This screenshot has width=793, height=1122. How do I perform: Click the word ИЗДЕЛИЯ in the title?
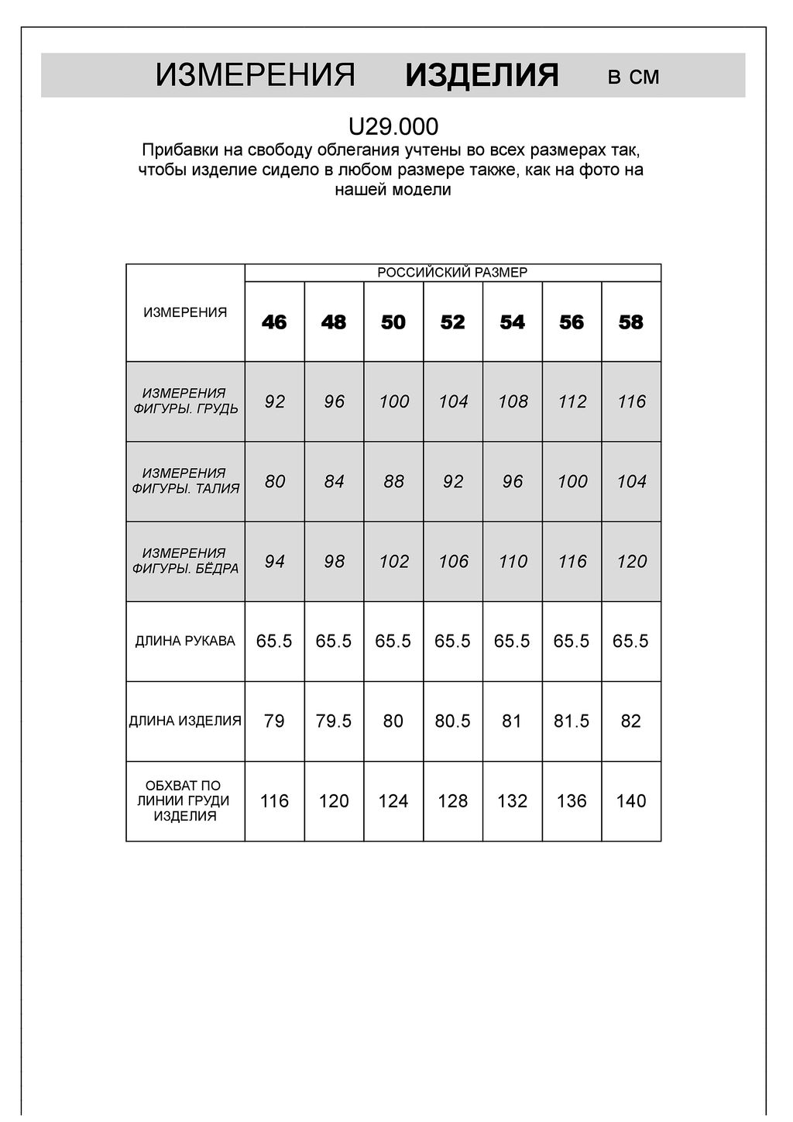(482, 76)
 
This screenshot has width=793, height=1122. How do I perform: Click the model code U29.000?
(393, 126)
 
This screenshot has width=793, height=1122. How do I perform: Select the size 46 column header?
(274, 322)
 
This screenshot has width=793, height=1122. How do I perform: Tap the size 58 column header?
(631, 322)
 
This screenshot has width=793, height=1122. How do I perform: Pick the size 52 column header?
(453, 322)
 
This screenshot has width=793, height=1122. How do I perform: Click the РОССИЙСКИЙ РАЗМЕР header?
(452, 272)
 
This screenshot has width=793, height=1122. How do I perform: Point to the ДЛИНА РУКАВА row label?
(185, 642)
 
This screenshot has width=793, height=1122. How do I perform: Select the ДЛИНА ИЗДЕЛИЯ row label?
(185, 721)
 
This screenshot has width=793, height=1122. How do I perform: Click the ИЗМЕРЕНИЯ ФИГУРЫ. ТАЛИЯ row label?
(185, 481)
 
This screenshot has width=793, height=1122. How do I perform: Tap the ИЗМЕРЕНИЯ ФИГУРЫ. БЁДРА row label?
(185, 561)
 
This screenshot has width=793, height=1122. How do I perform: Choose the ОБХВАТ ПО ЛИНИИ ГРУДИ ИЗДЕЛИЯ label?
(185, 801)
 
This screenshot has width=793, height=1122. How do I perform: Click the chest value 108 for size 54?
(513, 401)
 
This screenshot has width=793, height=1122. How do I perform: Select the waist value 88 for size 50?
(393, 481)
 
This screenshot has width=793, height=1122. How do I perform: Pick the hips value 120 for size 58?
(631, 561)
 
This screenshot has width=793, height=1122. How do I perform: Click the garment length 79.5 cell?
(334, 721)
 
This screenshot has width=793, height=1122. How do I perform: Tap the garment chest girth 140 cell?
(631, 801)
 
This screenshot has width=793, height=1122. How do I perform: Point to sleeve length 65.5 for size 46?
(274, 642)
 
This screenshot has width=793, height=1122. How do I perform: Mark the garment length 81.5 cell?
(572, 721)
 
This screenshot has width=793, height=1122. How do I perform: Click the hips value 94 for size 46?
(274, 561)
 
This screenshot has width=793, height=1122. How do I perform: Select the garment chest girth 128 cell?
(453, 801)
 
